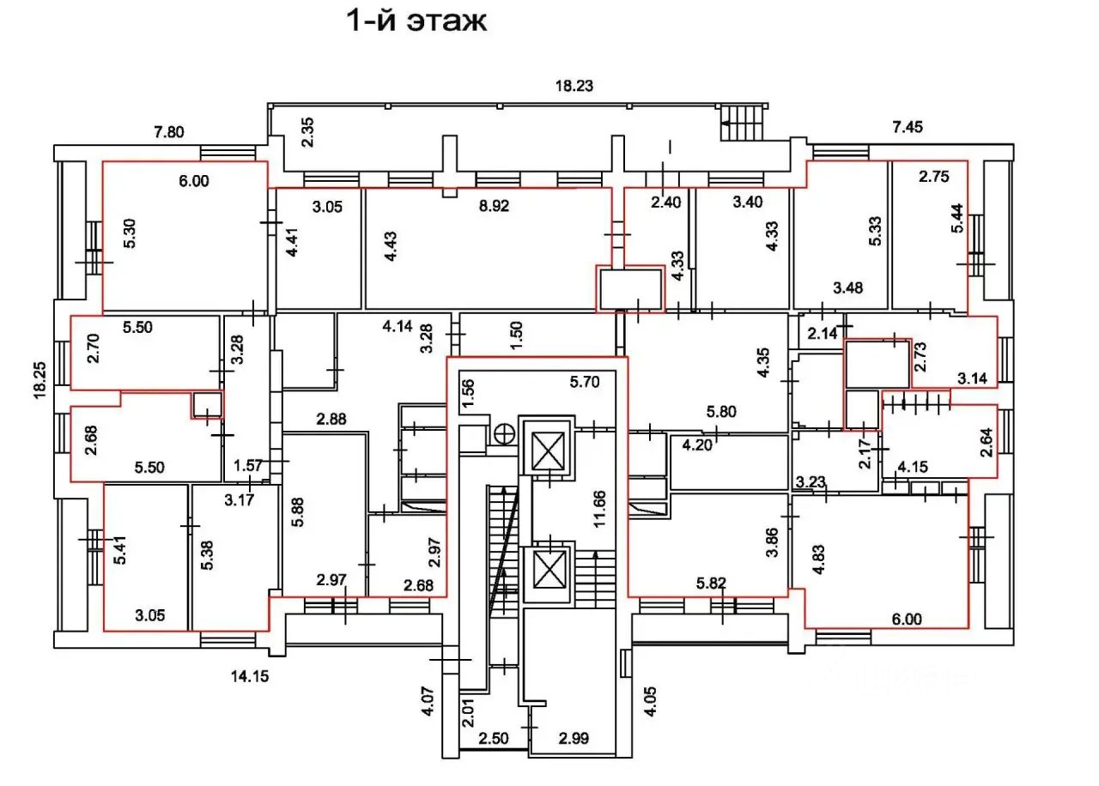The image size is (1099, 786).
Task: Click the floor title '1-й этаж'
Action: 417,21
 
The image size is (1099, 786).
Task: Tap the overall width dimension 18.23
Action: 574,86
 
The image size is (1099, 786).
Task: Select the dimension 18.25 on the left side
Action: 40,380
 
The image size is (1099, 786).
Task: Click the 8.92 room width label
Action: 494,205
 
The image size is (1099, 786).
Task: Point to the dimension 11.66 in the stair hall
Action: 599,509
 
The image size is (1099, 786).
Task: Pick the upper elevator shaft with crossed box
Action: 548,450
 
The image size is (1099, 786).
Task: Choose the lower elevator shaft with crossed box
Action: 549,569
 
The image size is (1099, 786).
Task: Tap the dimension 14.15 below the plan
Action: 250,676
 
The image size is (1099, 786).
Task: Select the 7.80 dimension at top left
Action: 169,132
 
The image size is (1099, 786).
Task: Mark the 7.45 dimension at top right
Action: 908,127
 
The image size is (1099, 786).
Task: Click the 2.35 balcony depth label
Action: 307,132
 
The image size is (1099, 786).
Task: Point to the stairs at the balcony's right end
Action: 743,124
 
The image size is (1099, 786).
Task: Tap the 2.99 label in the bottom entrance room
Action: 574,738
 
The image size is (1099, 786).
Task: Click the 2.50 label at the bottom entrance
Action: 493,738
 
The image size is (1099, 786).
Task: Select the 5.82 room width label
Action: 711,583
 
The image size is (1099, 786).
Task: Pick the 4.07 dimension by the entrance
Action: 428,701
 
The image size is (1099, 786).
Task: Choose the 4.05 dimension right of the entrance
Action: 651,701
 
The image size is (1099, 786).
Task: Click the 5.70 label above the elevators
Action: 585,382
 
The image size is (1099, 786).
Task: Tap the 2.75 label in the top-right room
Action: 933,177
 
